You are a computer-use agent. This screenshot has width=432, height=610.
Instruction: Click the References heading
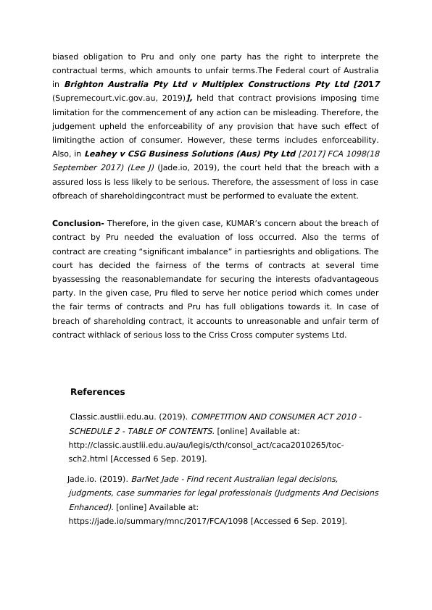click(97, 392)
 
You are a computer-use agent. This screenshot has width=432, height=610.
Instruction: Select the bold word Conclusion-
click(78, 223)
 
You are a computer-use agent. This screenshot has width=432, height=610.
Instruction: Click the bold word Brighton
click(88, 84)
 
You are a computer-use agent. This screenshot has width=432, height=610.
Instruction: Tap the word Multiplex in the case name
click(212, 84)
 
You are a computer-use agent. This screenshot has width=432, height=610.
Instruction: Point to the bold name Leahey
click(102, 154)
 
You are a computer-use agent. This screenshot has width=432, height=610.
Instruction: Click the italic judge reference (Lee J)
click(138, 167)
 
